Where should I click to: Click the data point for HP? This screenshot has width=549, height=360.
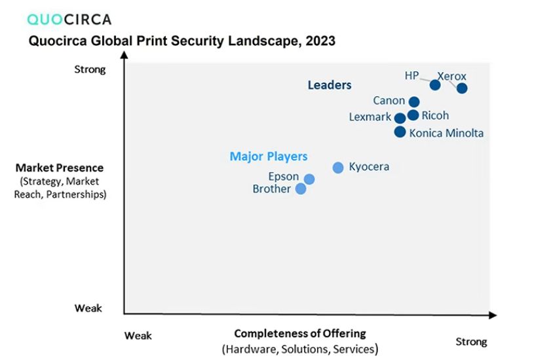tap(435, 84)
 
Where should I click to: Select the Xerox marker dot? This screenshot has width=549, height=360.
tap(462, 88)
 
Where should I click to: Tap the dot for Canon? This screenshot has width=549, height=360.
tap(414, 101)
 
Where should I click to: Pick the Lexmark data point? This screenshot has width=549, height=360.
tap(400, 118)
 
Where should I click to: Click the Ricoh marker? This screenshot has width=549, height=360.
tap(413, 115)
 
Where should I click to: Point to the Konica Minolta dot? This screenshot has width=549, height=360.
tap(400, 132)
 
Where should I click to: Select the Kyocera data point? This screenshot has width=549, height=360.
tap(338, 168)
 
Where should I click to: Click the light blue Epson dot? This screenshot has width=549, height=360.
tap(309, 179)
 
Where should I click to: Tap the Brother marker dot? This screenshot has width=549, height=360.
tap(301, 189)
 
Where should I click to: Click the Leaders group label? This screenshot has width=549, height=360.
tap(330, 85)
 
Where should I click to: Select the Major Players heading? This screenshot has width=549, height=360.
tap(269, 156)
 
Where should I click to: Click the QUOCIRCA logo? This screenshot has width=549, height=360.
tap(69, 19)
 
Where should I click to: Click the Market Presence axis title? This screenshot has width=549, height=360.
tap(60, 168)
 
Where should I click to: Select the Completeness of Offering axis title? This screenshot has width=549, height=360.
tap(300, 333)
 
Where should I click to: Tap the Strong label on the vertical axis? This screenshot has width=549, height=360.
tap(90, 69)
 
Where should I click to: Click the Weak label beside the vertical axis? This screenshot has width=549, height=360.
tap(88, 308)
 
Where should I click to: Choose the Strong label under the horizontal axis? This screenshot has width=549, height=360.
tap(471, 342)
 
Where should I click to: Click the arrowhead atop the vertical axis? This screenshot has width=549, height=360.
tap(124, 54)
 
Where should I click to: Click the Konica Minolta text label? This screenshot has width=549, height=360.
tap(446, 133)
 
